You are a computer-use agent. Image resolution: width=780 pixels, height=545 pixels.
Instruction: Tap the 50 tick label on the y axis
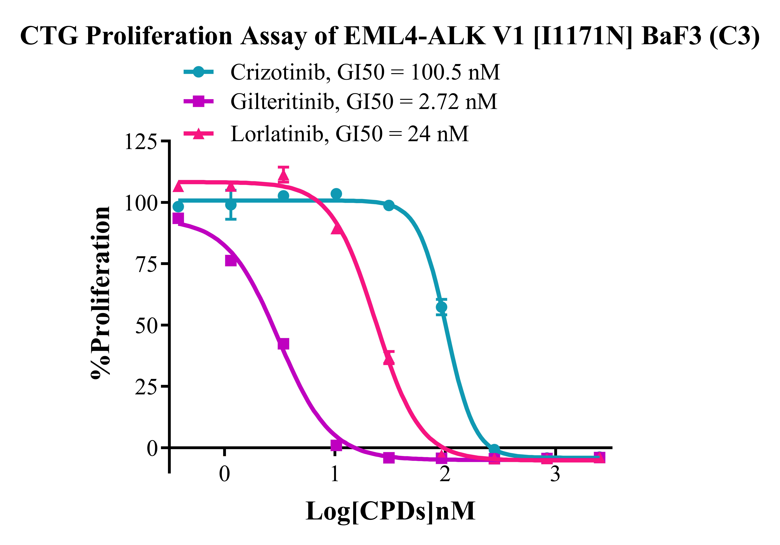pos(146,325)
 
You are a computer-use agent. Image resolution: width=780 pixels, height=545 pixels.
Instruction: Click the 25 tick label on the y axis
pos(146,387)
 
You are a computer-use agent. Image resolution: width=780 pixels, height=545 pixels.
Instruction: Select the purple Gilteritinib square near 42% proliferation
pos(283,344)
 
